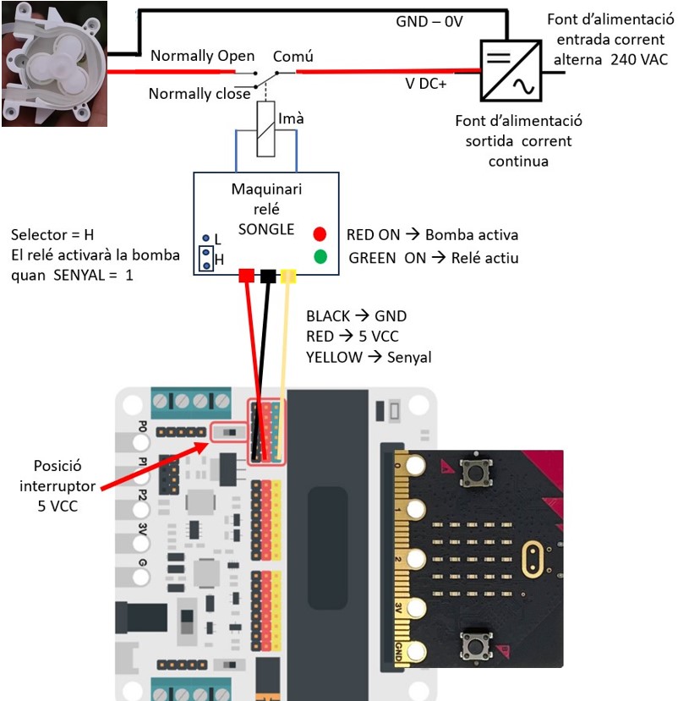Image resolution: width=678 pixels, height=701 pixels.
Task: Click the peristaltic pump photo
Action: (x=55, y=64)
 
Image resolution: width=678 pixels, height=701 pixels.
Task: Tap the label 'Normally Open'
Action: (x=202, y=56)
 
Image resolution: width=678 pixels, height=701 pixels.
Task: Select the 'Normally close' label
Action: (x=200, y=94)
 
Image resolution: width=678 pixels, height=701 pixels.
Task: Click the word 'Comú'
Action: (x=293, y=56)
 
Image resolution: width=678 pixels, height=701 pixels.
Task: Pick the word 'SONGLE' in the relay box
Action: (x=266, y=229)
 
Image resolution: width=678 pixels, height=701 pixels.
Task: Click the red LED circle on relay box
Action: (x=320, y=234)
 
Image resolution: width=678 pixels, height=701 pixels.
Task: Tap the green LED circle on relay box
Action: (x=320, y=257)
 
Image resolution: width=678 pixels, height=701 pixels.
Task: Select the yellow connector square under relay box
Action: (x=288, y=276)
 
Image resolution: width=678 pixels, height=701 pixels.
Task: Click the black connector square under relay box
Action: (x=268, y=276)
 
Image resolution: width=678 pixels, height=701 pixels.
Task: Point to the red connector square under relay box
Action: (x=247, y=276)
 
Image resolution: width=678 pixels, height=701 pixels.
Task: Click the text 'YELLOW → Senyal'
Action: (x=369, y=358)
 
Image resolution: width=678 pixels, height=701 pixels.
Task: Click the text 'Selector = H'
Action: (x=52, y=234)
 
